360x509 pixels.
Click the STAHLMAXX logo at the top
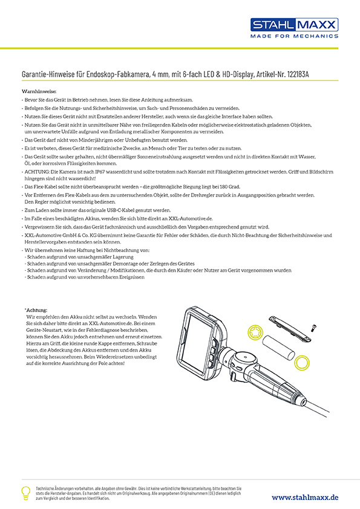295,25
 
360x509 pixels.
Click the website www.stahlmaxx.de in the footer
304,497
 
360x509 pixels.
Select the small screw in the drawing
315,327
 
